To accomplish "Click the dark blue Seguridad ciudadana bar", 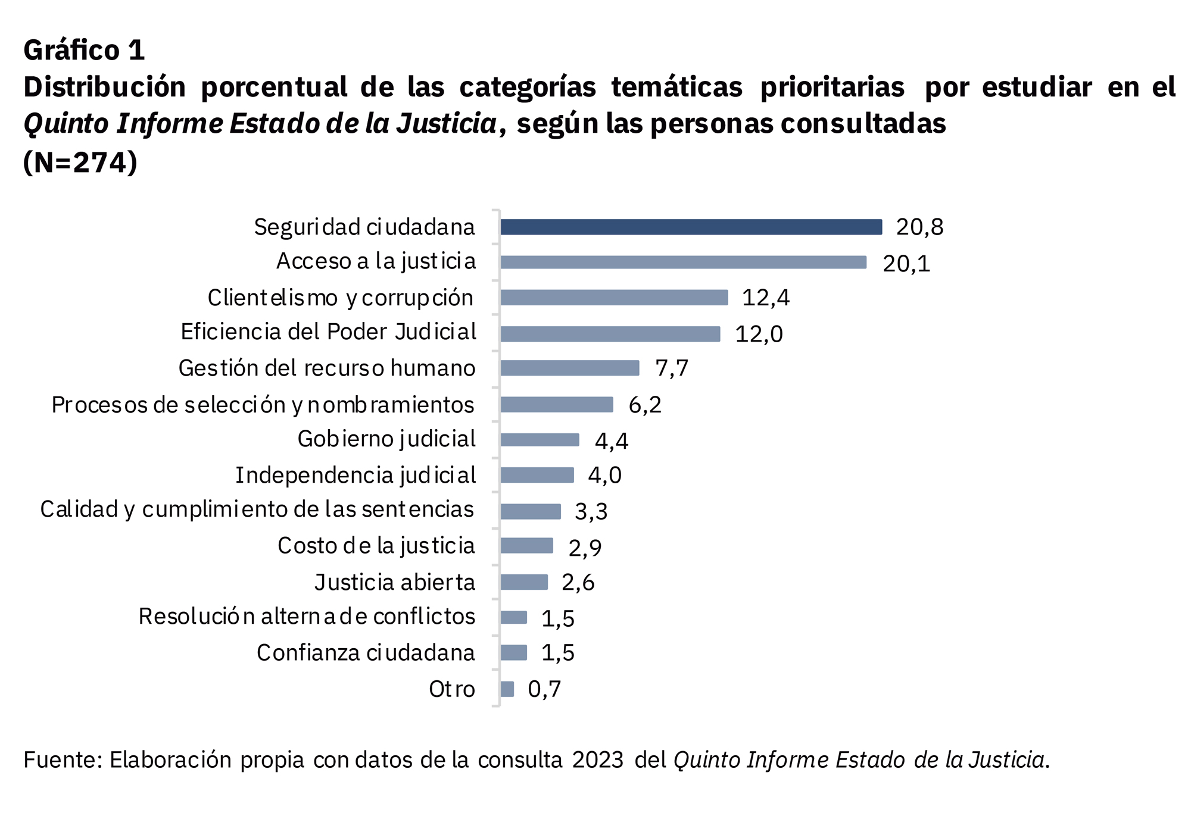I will [691, 227].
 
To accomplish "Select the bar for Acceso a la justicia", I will [683, 262].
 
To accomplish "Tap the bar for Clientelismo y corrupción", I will [614, 298].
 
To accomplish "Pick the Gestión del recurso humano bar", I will [569, 368].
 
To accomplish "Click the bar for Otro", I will [507, 689].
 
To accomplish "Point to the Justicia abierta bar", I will [524, 582].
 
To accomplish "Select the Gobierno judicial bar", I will [540, 439].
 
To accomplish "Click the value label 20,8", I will [919, 227].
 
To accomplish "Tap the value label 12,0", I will [759, 334].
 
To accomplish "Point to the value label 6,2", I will [645, 405].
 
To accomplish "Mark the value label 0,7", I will [544, 689].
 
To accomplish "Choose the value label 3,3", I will [591, 511].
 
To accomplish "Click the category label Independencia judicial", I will [356, 476].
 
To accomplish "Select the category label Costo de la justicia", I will [376, 546].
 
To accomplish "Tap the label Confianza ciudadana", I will [366, 653].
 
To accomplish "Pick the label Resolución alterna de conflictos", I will [307, 617].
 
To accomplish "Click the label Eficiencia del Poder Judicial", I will [328, 332].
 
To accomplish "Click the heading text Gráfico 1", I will [84, 50].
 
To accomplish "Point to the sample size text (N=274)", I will [80, 162].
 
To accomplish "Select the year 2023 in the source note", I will [597, 760].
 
